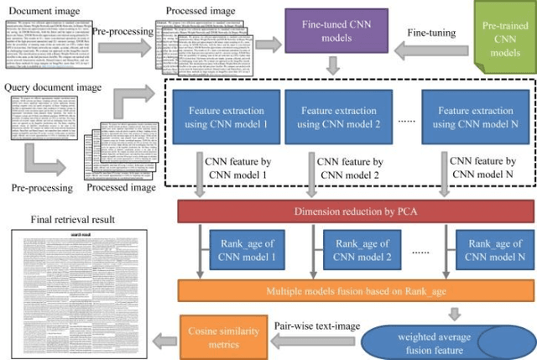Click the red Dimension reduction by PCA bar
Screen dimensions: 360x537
[357, 212]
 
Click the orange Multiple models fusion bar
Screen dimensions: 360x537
[357, 290]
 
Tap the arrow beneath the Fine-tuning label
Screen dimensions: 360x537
[433, 52]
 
